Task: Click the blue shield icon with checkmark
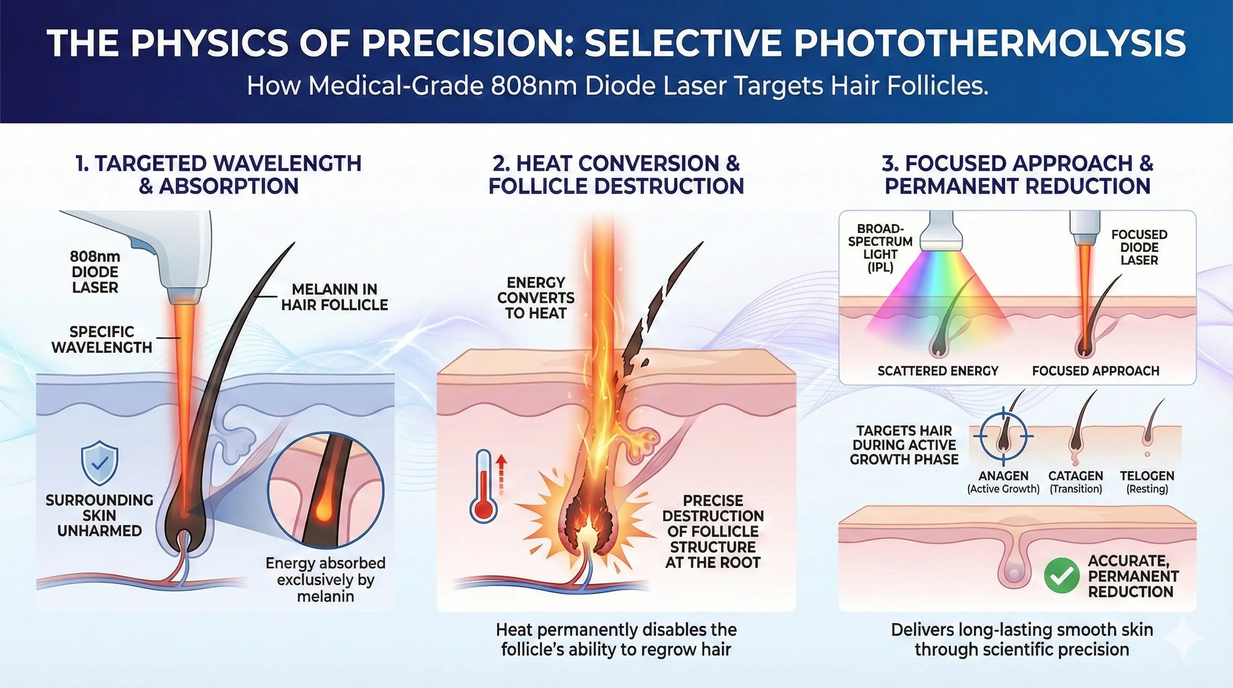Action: (99, 463)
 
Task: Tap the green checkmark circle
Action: (1061, 575)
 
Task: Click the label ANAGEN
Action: (1003, 476)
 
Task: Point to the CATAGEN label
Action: (1076, 476)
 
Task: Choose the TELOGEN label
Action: (1147, 476)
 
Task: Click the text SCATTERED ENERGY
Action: (938, 371)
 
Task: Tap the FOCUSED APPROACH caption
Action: (1095, 371)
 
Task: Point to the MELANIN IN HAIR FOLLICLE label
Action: (335, 297)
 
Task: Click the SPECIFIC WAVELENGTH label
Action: (101, 340)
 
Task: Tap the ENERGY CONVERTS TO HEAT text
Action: (535, 297)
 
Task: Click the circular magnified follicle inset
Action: (325, 490)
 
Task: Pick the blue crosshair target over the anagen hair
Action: (1004, 436)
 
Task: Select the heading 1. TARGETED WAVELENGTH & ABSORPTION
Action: (218, 175)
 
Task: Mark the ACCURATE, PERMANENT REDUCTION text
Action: (1133, 576)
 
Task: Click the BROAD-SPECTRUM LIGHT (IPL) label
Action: (880, 248)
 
